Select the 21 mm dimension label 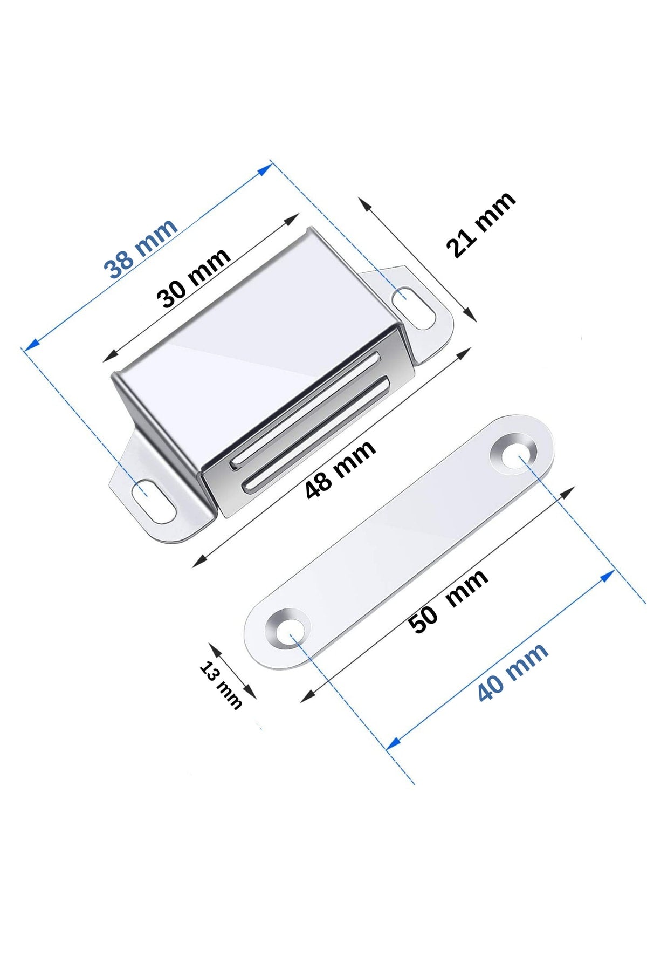tap(480, 224)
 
